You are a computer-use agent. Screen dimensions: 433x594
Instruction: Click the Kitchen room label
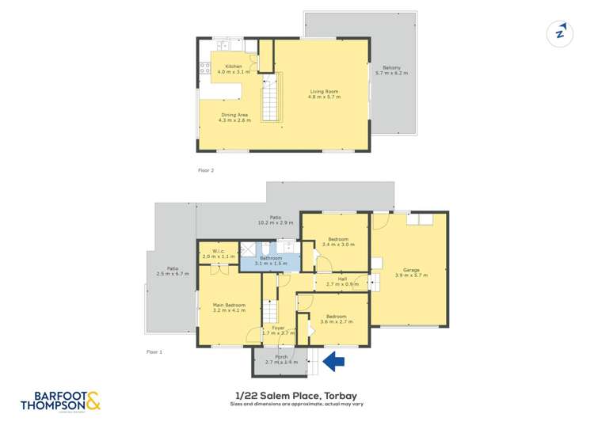pos(233,66)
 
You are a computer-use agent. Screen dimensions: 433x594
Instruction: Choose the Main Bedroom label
pos(229,305)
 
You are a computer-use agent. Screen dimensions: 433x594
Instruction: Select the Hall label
pos(342,279)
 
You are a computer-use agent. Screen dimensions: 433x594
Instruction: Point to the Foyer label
pos(278,328)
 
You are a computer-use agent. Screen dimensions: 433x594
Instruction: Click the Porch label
pos(281,357)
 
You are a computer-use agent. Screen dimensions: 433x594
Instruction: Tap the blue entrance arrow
pos(335,362)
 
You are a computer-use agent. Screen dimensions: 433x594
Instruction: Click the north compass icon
pos(560,33)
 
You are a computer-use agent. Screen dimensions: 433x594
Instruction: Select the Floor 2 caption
pos(206,170)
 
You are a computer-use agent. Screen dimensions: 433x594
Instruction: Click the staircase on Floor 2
pos(272,97)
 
